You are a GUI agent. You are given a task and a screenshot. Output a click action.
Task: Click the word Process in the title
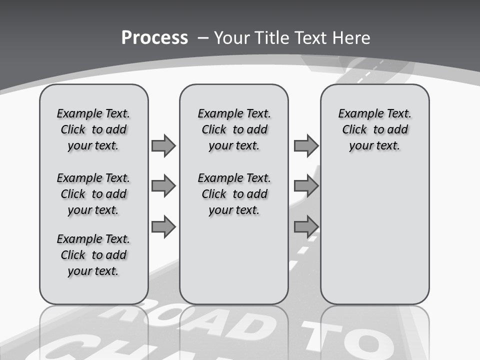(x=154, y=37)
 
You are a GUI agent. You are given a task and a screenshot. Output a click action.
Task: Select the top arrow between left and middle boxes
(x=163, y=145)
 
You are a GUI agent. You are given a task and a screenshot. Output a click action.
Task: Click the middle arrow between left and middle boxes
(x=163, y=186)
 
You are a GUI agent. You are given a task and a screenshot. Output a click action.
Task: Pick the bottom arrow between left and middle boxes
(x=163, y=226)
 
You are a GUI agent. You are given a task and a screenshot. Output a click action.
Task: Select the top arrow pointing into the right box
(x=306, y=145)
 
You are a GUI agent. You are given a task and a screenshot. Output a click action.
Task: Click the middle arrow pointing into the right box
(x=306, y=186)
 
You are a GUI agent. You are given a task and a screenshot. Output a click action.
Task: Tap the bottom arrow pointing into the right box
(x=306, y=226)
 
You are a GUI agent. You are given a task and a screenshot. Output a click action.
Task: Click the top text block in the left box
(x=93, y=129)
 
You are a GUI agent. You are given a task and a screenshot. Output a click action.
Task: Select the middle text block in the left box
(x=93, y=194)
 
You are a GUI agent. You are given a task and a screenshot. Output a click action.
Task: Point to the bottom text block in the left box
(x=93, y=255)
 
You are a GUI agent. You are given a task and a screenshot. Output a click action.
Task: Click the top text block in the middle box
(x=234, y=129)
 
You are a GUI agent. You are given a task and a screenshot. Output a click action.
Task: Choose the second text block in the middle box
(x=234, y=194)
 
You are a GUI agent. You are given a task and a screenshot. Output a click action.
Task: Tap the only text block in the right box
(x=375, y=129)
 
